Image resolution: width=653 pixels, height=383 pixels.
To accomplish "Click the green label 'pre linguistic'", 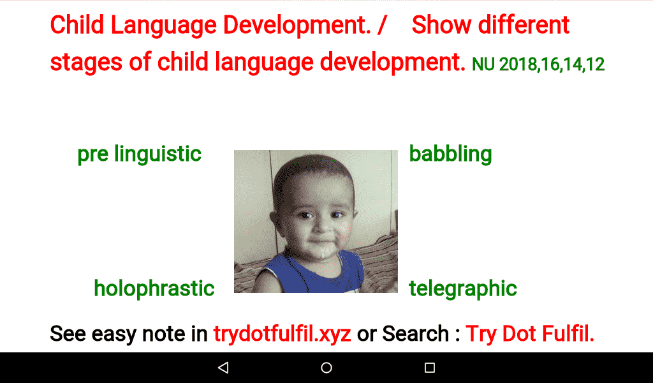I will click(x=139, y=154).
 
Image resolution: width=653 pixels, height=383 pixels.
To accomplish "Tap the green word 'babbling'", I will click(x=450, y=154).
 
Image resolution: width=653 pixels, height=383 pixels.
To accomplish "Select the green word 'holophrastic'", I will click(x=154, y=288).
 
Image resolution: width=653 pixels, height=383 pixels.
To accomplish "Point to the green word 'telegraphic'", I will click(x=462, y=288).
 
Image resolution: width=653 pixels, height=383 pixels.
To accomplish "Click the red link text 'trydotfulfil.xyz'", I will click(x=282, y=333).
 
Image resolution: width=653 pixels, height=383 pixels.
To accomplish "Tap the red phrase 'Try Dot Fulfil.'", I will click(x=530, y=333).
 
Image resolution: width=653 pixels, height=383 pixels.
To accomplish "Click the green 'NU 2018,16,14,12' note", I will click(x=538, y=64).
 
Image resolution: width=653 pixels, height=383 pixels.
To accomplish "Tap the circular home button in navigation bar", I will click(x=326, y=368).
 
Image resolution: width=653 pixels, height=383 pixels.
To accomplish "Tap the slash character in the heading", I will click(x=382, y=26).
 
